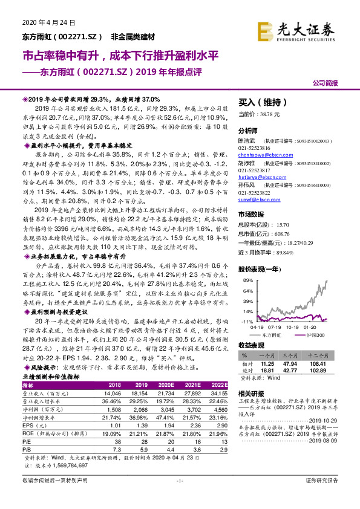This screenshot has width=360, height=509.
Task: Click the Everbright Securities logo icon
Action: (x=265, y=29)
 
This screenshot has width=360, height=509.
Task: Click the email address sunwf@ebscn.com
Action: (x=256, y=198)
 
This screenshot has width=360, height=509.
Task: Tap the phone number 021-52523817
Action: (x=255, y=170)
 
